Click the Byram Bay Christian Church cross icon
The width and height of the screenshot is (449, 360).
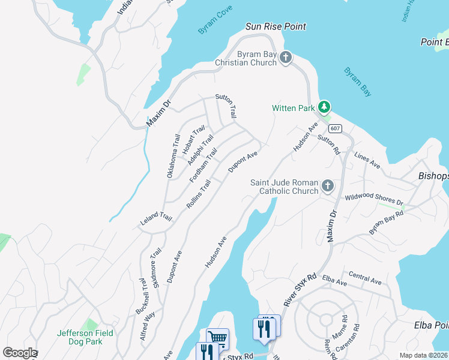click(286, 58)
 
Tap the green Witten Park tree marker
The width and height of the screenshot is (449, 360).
click(324, 107)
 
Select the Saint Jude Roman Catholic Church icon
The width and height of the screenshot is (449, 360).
click(327, 185)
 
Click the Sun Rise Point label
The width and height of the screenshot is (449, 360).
click(276, 26)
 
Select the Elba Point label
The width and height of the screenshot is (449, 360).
click(432, 325)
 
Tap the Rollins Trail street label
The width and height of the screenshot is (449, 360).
click(199, 194)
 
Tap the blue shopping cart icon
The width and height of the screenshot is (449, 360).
click(217, 338)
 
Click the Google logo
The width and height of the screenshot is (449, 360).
click(20, 353)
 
